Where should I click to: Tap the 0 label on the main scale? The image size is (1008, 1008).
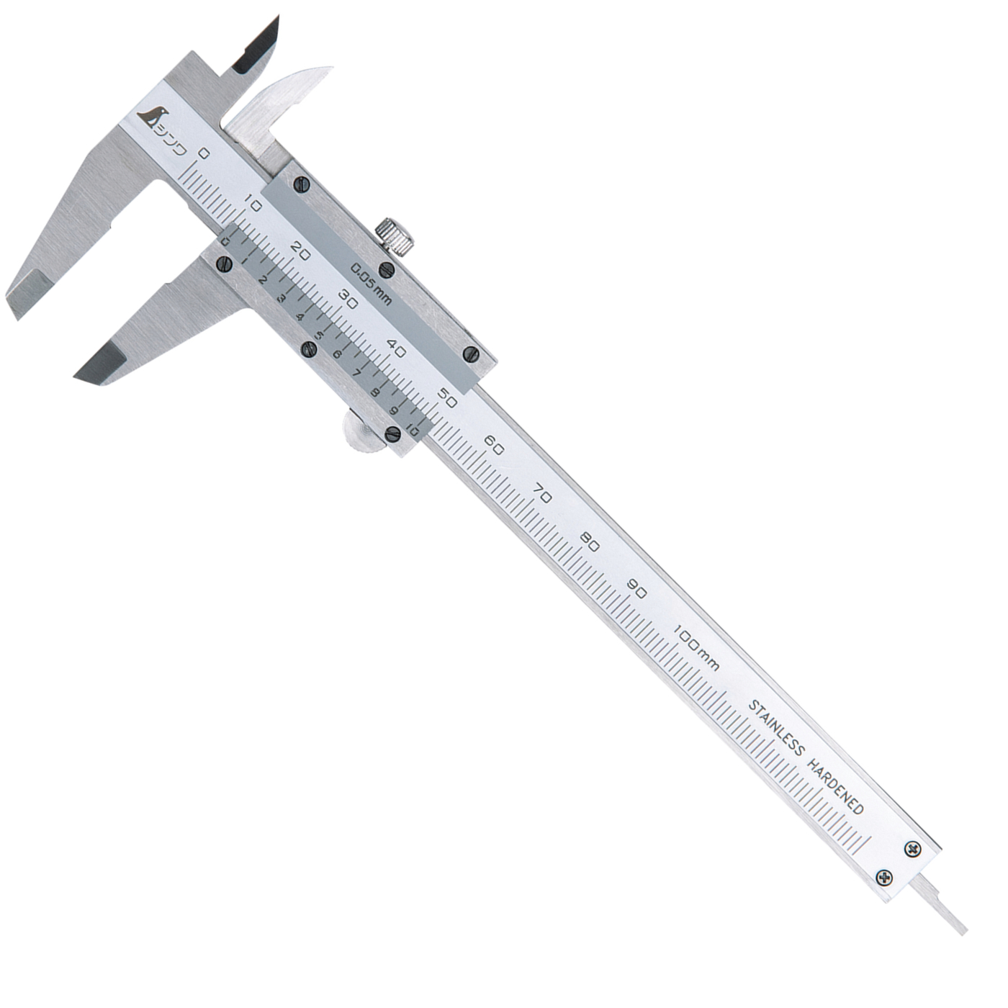(x=204, y=153)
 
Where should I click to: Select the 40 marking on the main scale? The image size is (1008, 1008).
(x=397, y=349)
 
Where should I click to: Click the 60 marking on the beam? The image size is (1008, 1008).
(x=494, y=446)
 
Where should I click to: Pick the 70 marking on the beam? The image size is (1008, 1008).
(x=542, y=495)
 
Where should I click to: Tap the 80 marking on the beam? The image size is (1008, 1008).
(x=590, y=544)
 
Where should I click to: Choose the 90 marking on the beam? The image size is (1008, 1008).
(x=638, y=592)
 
